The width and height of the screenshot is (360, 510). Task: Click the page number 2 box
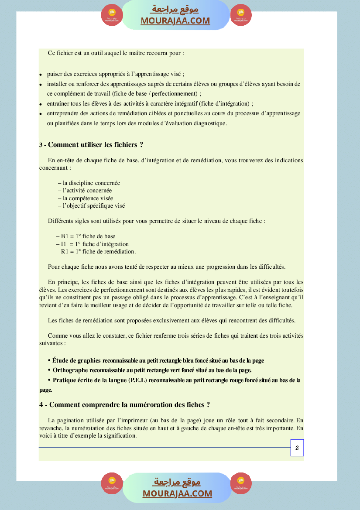pos(297,448)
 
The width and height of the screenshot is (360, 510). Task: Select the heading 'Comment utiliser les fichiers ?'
pos(96,145)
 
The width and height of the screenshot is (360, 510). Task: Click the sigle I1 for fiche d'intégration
pos(64,244)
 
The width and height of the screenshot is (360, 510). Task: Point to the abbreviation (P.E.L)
pos(138,380)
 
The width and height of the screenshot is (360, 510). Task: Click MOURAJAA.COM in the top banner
pos(175,21)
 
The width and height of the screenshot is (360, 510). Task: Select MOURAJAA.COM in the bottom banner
pos(177,494)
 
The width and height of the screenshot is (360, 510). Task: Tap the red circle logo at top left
pos(112,15)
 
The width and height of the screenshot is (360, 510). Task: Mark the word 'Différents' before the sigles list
pos(61,221)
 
